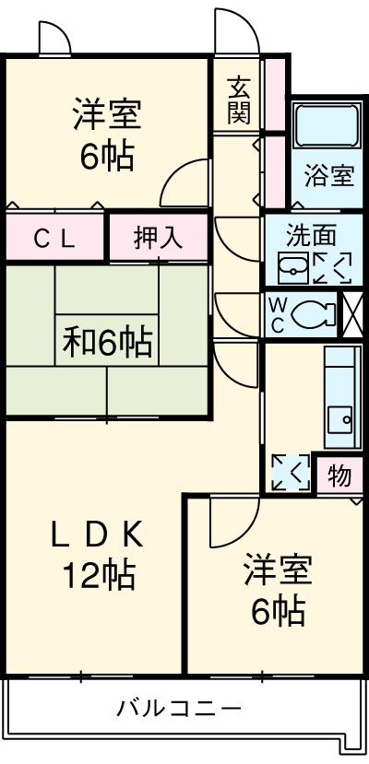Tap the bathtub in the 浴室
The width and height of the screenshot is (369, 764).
pos(327,124)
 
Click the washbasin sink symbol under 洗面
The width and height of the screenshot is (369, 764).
pos(293,267)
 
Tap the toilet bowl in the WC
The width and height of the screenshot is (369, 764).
pos(314,313)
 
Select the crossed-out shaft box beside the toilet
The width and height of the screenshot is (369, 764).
pos(353,314)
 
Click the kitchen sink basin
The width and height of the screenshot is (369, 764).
pos(339,418)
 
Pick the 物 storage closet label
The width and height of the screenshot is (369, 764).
pos(339,475)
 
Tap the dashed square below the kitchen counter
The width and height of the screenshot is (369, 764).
pos(291,472)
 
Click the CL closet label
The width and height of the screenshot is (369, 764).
pos(54,239)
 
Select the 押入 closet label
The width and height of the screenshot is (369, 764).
pos(158,238)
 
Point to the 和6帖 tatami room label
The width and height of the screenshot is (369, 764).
pos(107,342)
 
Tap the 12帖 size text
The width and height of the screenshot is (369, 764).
pos(98,575)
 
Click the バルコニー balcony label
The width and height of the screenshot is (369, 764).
pos(178,707)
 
